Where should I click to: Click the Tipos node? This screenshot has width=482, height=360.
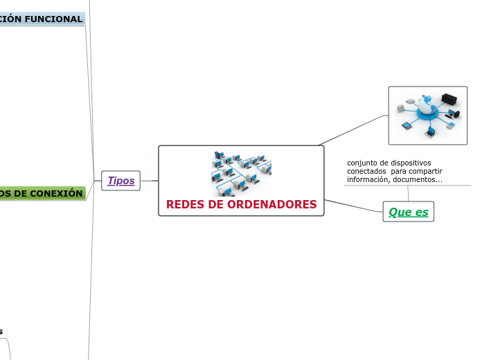tap(120, 181)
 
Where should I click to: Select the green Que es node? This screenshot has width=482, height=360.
tap(408, 212)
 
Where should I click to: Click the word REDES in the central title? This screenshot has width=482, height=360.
tap(185, 205)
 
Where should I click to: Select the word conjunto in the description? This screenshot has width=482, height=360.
tap(362, 163)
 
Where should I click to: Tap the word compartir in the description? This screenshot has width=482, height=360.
tap(425, 171)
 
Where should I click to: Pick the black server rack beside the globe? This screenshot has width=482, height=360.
tap(449, 99)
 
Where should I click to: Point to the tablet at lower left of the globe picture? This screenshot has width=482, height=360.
tap(407, 127)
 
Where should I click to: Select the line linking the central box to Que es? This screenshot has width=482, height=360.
tap(353, 206)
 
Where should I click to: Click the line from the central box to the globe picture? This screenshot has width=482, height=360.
tap(353, 130)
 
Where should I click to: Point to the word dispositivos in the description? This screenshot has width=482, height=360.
tap(409, 163)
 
